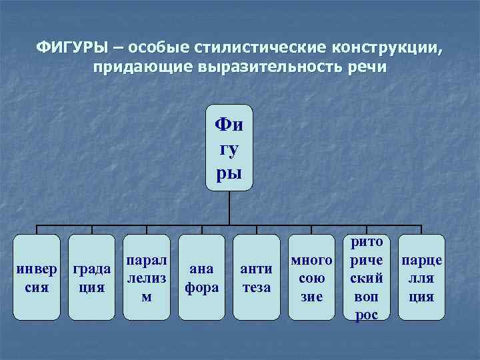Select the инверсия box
click(41, 277)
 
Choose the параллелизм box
click(146, 277)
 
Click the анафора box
click(201, 277)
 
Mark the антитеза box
click(257, 277)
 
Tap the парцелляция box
click(421, 277)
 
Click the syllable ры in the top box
click(230, 172)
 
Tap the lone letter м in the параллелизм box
click(146, 297)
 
